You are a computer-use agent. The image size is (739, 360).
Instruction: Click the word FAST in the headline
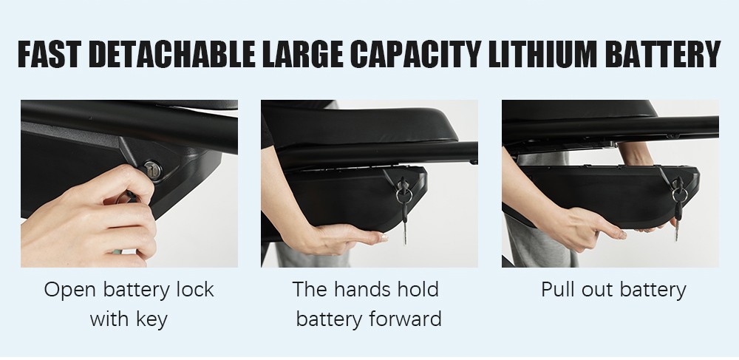[x=50, y=55]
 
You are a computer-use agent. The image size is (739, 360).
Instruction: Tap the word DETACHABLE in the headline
[x=171, y=55]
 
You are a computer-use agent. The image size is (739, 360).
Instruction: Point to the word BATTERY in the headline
[x=663, y=55]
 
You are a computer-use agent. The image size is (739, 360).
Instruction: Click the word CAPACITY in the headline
[x=416, y=55]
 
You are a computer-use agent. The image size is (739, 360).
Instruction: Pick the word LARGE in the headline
[x=302, y=55]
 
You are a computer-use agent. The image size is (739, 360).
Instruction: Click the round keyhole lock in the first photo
[x=152, y=169]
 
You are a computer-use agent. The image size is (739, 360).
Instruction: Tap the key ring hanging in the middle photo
[x=404, y=195]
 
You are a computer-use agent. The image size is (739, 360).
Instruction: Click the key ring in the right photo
[x=678, y=194]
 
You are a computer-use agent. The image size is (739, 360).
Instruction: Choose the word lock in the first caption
[x=195, y=289]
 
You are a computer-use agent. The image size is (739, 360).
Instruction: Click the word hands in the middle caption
[x=362, y=289]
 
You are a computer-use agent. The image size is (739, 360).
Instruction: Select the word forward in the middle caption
[x=405, y=319]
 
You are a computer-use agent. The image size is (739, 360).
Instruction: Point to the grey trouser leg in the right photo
[x=542, y=241]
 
